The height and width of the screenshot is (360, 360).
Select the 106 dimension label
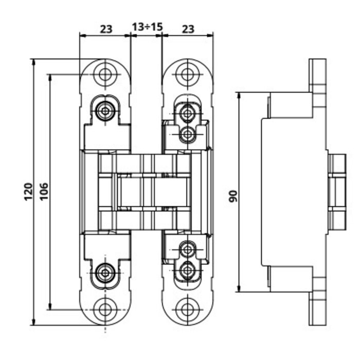pyautogui.click(x=44, y=191)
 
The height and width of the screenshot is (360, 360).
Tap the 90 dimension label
pyautogui.click(x=232, y=196)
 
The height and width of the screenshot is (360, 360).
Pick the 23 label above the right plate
pyautogui.click(x=188, y=29)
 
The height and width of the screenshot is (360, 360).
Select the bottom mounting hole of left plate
pyautogui.click(x=105, y=310)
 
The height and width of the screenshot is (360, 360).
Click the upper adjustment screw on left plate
pyautogui.click(x=106, y=111)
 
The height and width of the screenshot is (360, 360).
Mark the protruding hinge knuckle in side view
pyautogui.click(x=337, y=192)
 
